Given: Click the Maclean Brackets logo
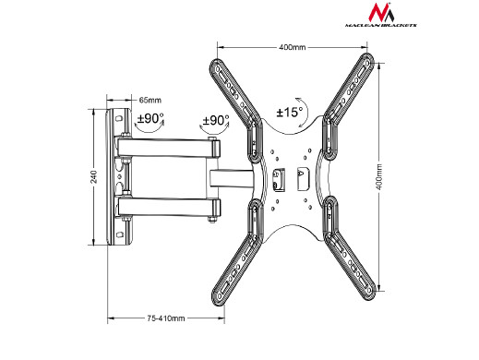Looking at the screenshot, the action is pos(381,15).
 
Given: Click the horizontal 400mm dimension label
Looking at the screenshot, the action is pos(293,47).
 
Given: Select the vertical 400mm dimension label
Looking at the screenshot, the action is pos(379,176).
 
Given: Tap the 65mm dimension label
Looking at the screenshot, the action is pos(150,100).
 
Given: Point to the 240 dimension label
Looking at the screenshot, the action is pos(93,177).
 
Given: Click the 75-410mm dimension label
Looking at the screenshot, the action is pos(166,318).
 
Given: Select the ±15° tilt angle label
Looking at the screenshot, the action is pos(290,112).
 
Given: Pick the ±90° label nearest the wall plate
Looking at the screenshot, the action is pos(150,118).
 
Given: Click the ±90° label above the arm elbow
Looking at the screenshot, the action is pos(216,120).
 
